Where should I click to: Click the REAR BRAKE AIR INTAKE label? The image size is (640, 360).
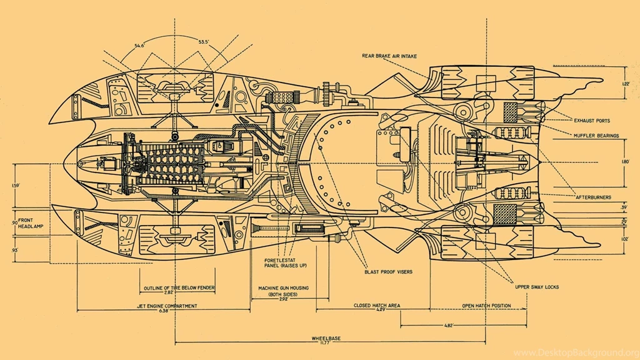pos(391,56)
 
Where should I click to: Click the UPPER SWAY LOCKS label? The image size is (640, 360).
pos(536,287)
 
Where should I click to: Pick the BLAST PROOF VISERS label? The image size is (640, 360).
pos(388,272)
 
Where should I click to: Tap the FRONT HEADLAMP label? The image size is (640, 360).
pos(27,223)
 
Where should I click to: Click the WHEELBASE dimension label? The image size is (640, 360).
pos(326,338)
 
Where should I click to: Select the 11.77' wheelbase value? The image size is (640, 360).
pos(326,343)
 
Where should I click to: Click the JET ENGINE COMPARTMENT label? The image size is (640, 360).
pos(167,306)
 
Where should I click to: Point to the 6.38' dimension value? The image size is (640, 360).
pos(164,311)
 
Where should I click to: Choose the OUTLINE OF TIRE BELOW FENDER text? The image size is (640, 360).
pos(179,288)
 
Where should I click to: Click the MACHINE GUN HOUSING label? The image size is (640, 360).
pos(283,288)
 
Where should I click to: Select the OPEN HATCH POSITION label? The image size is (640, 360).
pos(486,306)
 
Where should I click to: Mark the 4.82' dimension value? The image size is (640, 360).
pos(448,326)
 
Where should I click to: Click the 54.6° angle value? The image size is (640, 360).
pos(139,45)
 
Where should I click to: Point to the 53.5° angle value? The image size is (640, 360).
pos(204,42)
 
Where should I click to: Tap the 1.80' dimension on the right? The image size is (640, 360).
pos(625,162)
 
